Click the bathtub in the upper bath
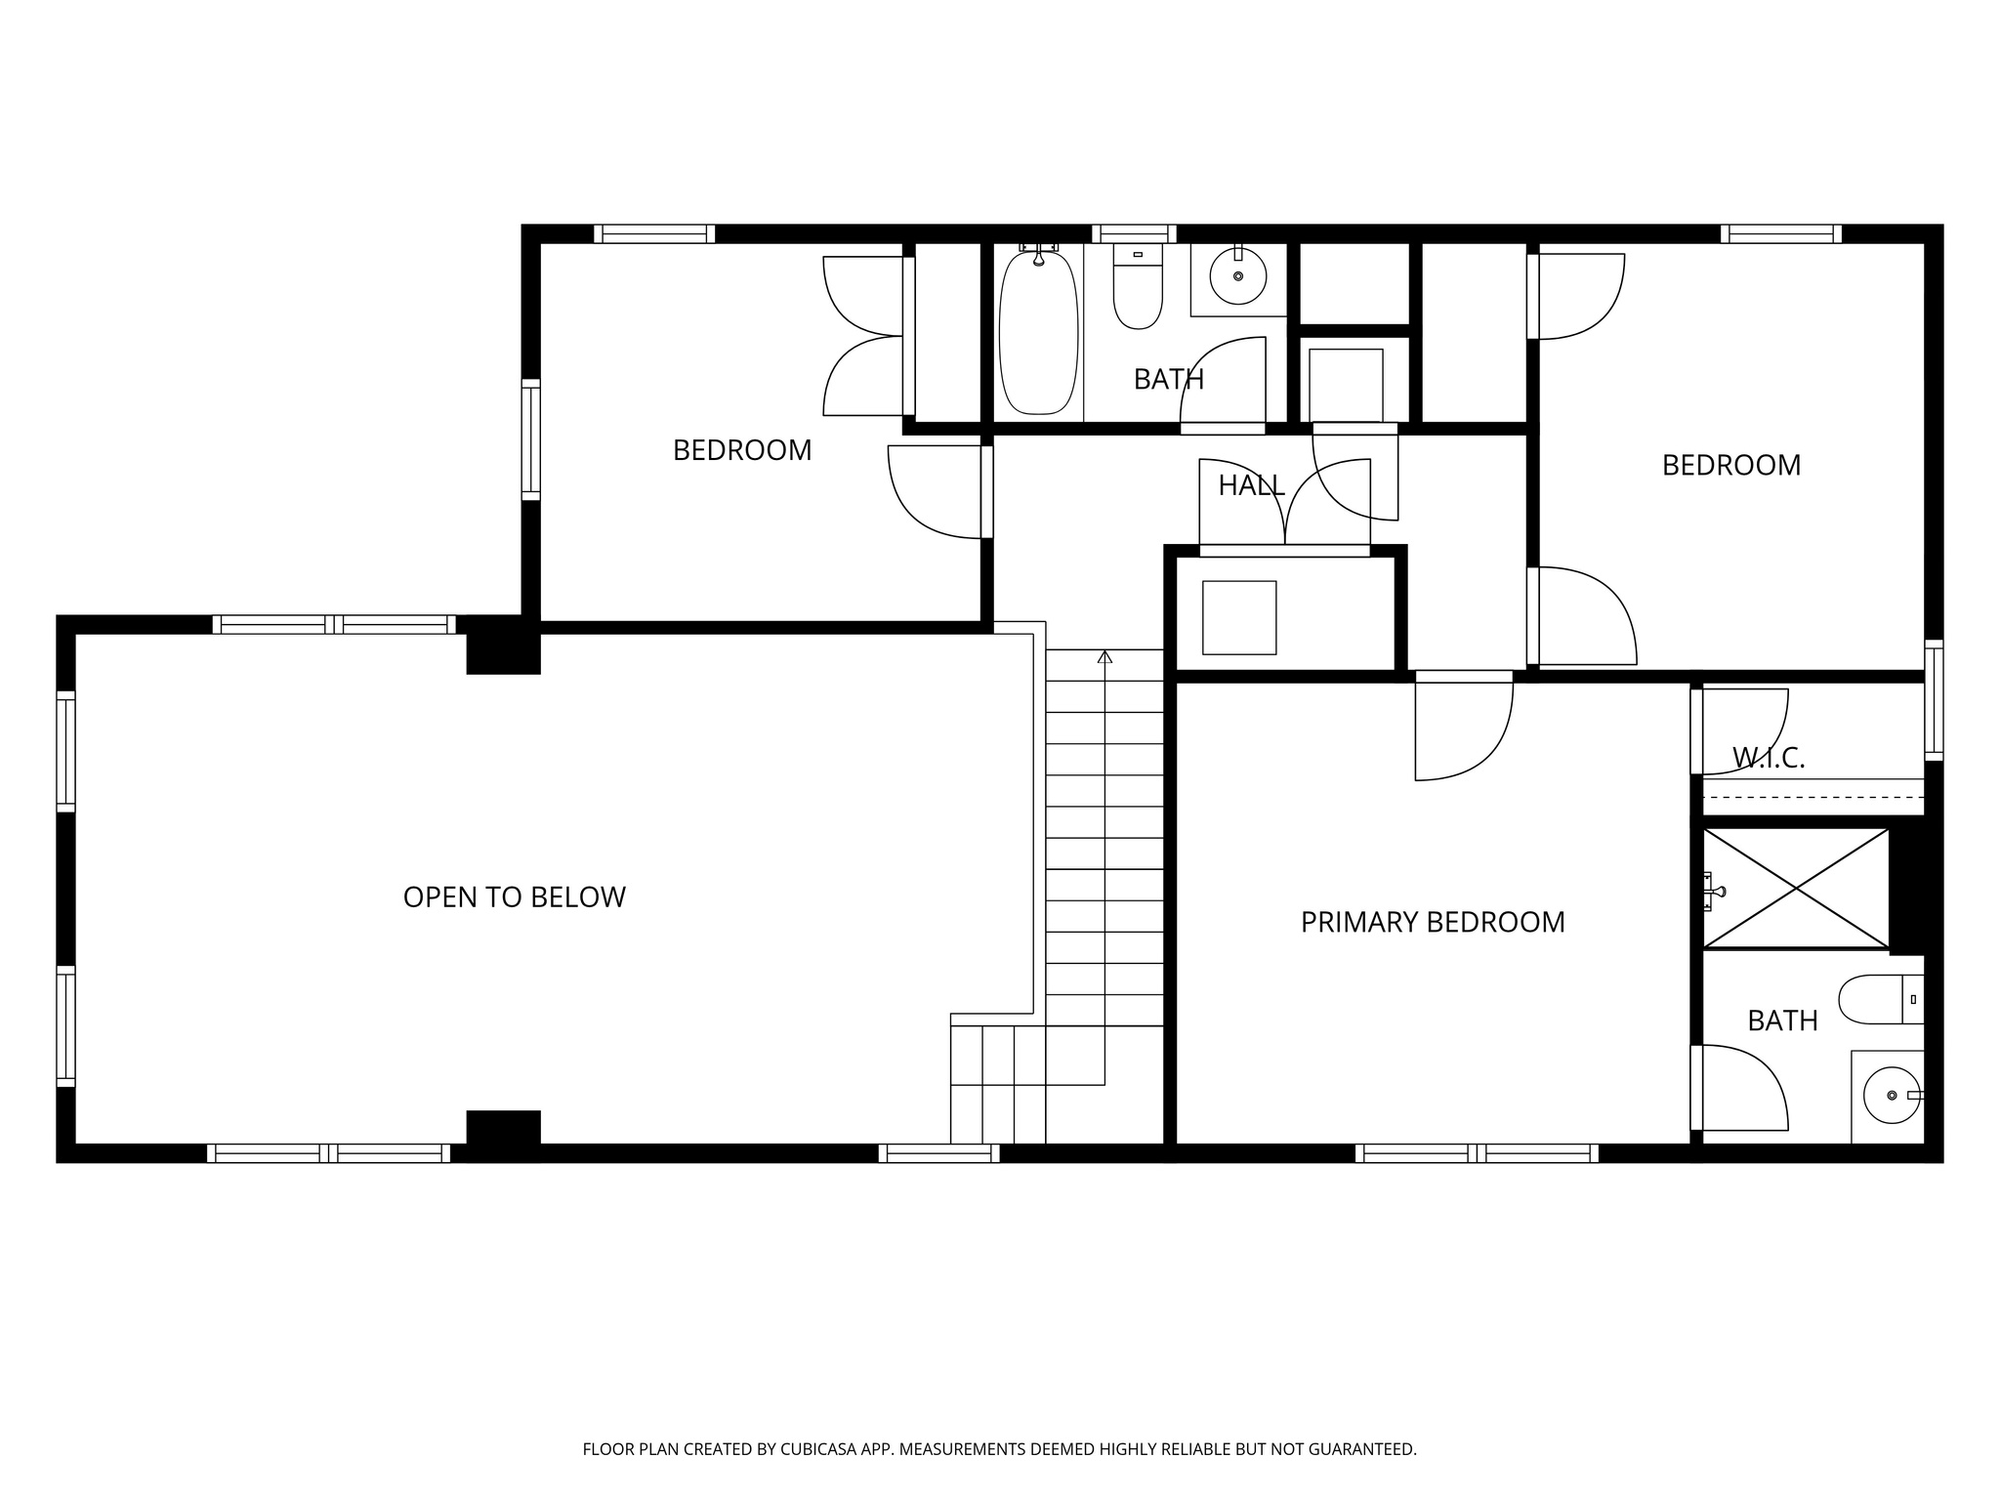(1038, 332)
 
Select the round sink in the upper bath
(1238, 275)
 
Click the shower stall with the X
(1796, 888)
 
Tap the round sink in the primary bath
(1891, 1096)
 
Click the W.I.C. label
(1769, 758)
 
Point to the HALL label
(1251, 485)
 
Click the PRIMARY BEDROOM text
(1433, 922)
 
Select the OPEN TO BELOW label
(514, 897)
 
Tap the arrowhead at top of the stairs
(1104, 657)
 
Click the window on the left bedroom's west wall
(530, 439)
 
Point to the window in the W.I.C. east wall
(1934, 699)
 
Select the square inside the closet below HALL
(1239, 617)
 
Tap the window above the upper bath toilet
(1133, 233)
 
